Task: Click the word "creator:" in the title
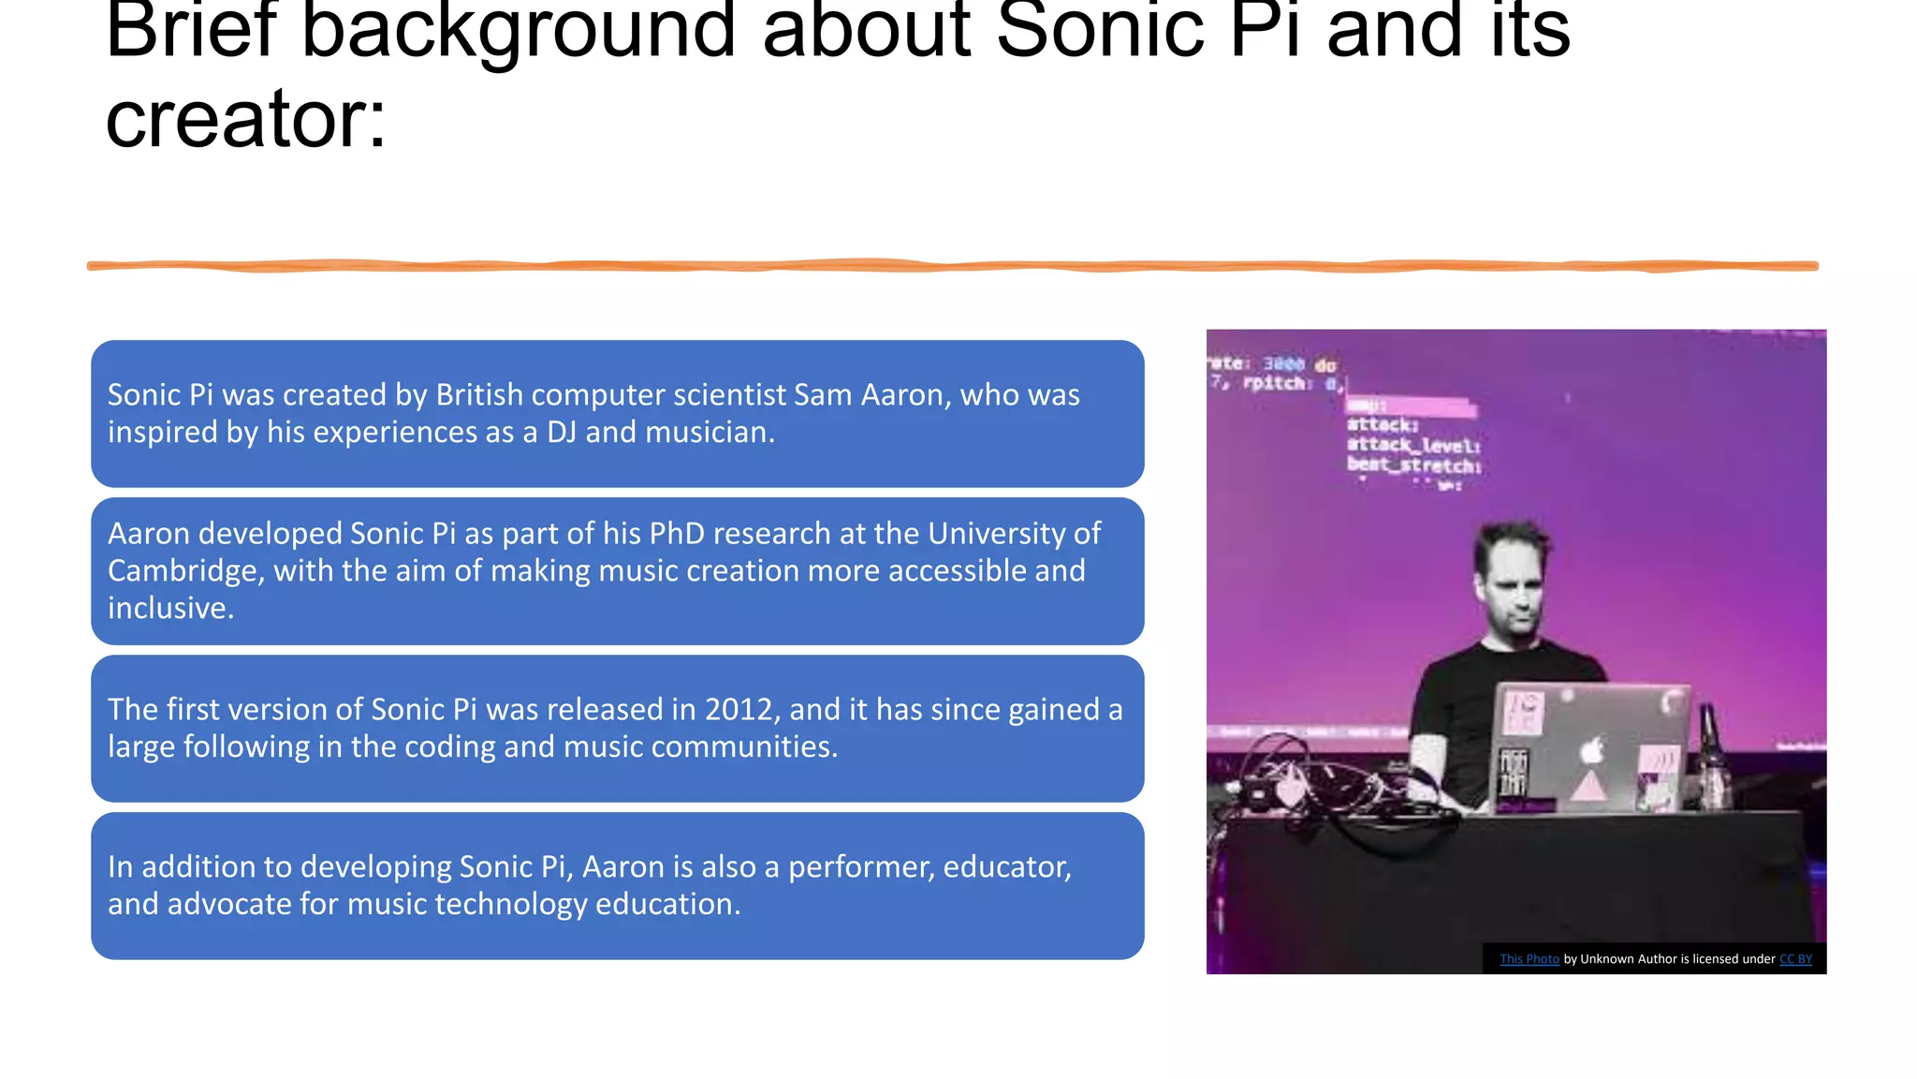point(245,120)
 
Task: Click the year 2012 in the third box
point(739,709)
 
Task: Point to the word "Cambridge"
point(185,570)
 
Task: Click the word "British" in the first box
point(479,394)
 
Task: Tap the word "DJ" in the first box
point(562,432)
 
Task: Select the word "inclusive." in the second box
point(170,608)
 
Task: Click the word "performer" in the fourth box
point(860,866)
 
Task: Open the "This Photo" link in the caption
point(1529,959)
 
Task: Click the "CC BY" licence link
point(1795,959)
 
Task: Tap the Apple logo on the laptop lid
point(1591,749)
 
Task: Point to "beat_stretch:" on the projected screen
point(1413,466)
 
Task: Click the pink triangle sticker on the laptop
point(1588,787)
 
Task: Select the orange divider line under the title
point(952,266)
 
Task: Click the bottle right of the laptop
point(1711,759)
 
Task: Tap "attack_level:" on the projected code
point(1413,445)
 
